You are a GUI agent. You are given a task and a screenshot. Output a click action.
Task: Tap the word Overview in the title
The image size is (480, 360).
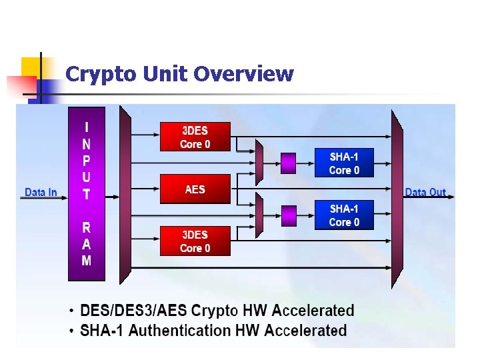pyautogui.click(x=243, y=74)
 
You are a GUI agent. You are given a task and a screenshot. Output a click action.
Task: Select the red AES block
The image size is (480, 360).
pyautogui.click(x=195, y=189)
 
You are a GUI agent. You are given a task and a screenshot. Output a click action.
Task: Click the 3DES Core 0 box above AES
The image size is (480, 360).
pyautogui.click(x=195, y=137)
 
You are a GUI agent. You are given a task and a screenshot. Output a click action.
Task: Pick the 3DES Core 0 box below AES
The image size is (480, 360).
pyautogui.click(x=195, y=241)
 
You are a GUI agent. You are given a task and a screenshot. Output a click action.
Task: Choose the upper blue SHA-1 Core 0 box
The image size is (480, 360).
pyautogui.click(x=344, y=163)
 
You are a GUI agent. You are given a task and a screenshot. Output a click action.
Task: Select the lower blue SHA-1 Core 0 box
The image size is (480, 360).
pyautogui.click(x=344, y=215)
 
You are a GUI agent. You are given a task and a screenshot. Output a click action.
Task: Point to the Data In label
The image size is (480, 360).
pyautogui.click(x=41, y=193)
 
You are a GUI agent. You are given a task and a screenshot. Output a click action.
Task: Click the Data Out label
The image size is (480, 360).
pyautogui.click(x=425, y=193)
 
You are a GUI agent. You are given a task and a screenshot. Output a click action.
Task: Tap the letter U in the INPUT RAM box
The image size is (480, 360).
pyautogui.click(x=87, y=177)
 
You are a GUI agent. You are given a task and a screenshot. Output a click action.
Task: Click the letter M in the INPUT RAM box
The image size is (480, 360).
pyautogui.click(x=87, y=261)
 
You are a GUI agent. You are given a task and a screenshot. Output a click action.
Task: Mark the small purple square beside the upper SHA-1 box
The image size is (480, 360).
pyautogui.click(x=289, y=162)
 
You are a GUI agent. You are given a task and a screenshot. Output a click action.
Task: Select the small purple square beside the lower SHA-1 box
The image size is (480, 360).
pyautogui.click(x=289, y=215)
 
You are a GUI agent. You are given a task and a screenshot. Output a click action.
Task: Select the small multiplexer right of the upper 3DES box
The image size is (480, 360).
pyautogui.click(x=259, y=162)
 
